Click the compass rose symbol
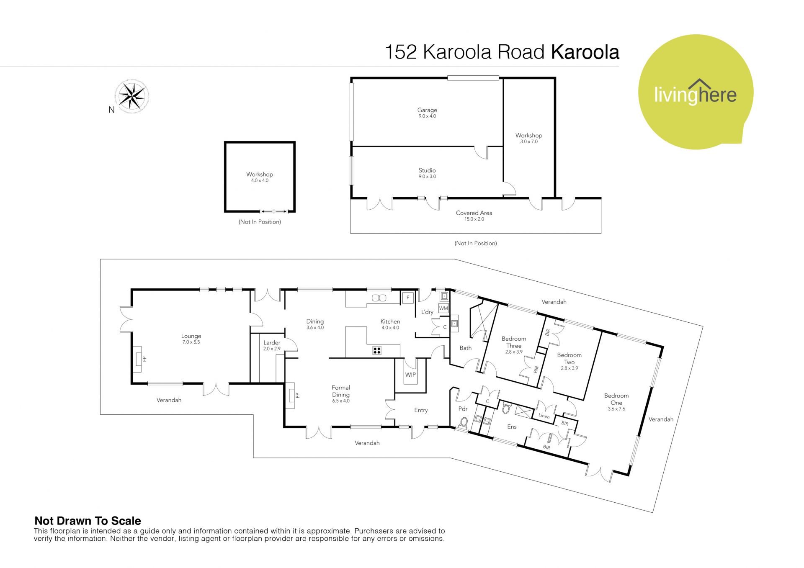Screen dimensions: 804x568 point(132,96)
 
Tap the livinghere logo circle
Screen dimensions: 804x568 point(696,92)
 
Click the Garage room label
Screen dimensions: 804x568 point(427,110)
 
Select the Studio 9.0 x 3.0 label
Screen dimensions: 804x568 point(427,173)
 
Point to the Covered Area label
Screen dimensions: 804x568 point(474,213)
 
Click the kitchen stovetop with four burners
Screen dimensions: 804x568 point(377,351)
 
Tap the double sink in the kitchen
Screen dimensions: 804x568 point(379,298)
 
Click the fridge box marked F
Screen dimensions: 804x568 point(407,298)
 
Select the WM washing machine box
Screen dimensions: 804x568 point(443,308)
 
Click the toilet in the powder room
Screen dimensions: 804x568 point(463,422)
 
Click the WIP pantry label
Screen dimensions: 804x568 point(410,375)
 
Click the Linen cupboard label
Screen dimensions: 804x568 point(544,416)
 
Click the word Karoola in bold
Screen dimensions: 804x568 point(585,52)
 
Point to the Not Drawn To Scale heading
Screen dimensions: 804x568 point(88,521)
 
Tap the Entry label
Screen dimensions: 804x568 point(421,410)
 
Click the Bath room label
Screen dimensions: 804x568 point(465,348)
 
